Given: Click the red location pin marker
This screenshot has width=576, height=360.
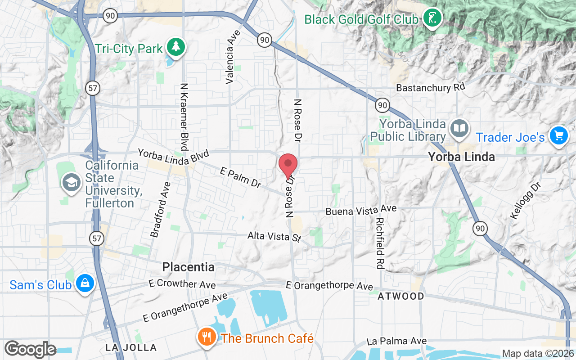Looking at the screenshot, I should coord(288,165).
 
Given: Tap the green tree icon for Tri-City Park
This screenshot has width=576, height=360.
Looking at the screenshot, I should coord(175,47).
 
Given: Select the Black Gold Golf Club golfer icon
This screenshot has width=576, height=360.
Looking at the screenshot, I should coord(432,18).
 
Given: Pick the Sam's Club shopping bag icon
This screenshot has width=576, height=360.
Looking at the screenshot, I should coord(85,284).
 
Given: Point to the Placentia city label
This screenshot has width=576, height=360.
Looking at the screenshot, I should coord(188,267).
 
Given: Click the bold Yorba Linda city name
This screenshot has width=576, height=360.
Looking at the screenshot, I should coord(461,157).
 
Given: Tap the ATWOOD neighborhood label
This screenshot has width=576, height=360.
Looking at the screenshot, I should coord(401,296).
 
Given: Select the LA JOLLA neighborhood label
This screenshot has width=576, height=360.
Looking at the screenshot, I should coord(131,347).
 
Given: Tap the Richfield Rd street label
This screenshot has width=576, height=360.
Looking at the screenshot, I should coord(380,243).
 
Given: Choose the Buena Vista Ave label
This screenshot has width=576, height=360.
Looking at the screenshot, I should coord(361,210).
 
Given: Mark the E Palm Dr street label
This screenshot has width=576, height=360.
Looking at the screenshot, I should coord(240,177).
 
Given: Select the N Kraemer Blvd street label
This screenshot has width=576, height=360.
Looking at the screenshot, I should coord(184,117).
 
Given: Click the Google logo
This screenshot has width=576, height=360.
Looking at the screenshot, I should coord(30,349).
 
